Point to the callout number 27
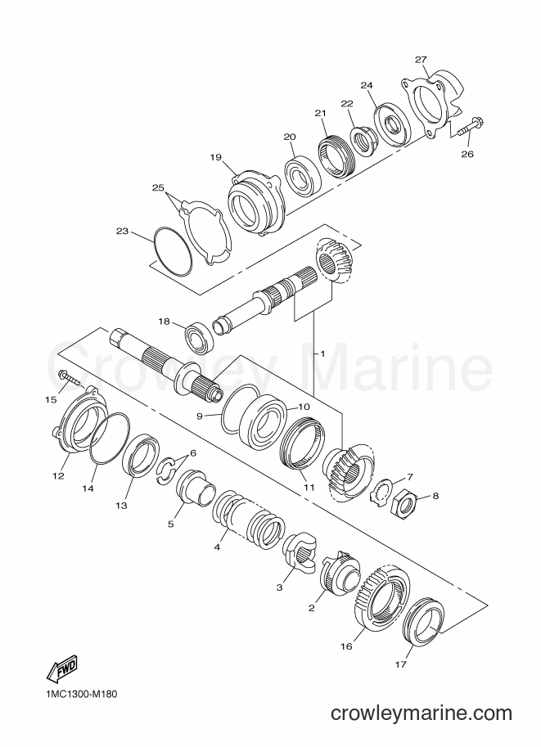click(x=420, y=60)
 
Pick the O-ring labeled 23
click(x=174, y=251)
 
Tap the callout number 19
click(x=215, y=157)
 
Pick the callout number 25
click(x=158, y=187)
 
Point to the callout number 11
click(x=310, y=488)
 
